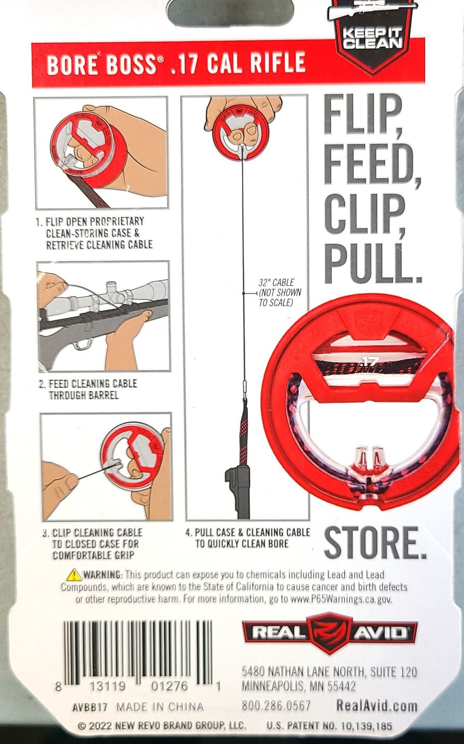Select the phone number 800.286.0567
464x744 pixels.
coord(276,706)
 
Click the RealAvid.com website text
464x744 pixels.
coord(377,705)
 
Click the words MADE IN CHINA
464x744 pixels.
coord(160,706)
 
